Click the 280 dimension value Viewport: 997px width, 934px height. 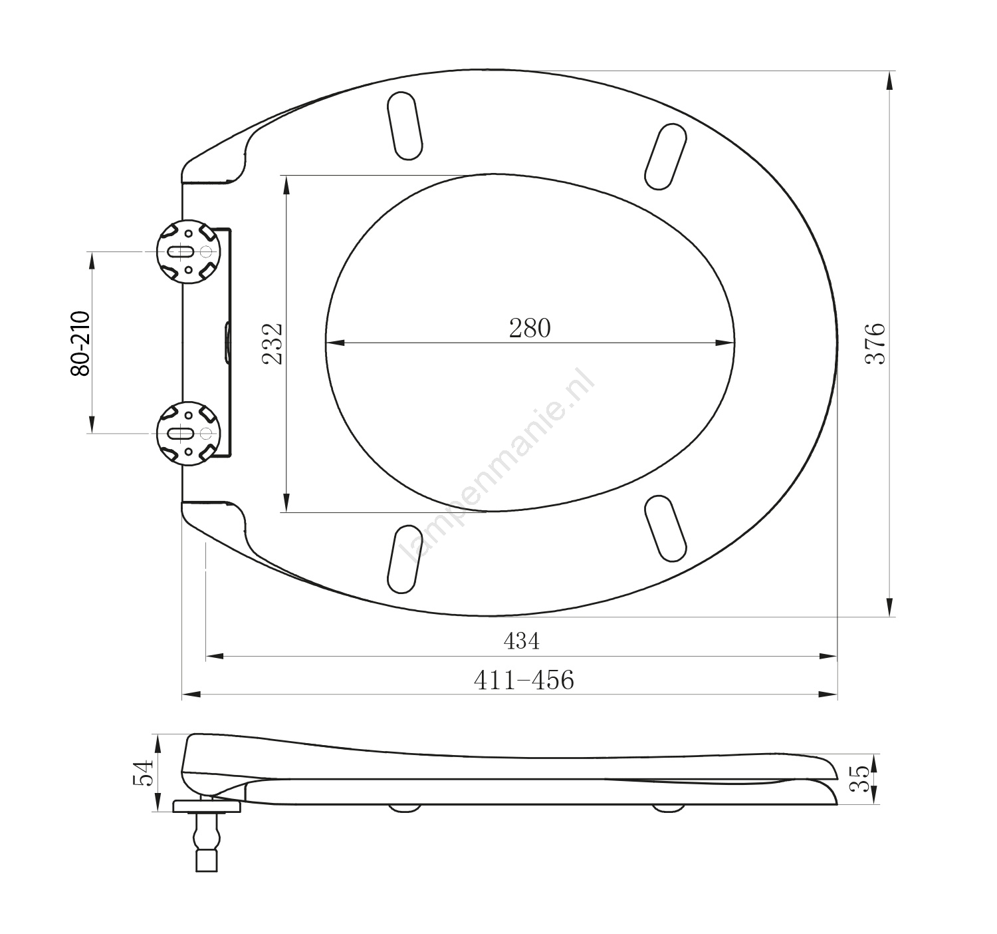530,328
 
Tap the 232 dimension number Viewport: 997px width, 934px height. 273,344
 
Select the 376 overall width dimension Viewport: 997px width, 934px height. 875,343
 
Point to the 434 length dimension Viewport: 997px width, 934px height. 522,641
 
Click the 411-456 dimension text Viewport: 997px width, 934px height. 524,680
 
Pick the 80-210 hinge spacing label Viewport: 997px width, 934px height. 80,343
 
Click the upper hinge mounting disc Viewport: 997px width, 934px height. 189,251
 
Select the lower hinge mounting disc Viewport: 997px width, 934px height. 189,433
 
